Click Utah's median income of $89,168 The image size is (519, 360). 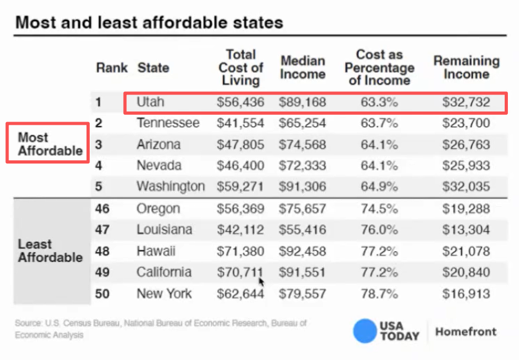pos(302,102)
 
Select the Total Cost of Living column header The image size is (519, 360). pos(240,67)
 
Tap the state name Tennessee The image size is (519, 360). pos(168,123)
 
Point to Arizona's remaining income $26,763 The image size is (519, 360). pos(466,144)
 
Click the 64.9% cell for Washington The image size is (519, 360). pos(379,187)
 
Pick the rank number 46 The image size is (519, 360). pos(102,209)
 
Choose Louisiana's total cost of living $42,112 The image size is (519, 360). pos(240,230)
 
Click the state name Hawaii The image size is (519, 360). pos(156,251)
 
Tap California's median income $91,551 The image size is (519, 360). pos(302,272)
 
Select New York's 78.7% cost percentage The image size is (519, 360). pos(379,294)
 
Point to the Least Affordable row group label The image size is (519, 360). pos(50,251)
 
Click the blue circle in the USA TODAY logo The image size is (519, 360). pos(365,331)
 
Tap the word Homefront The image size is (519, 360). pos(466,332)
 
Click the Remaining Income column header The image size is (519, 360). pos(466,67)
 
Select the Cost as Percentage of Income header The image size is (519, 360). pos(379,67)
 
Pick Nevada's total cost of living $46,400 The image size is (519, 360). pos(240,166)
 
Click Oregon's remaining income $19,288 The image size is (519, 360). pos(466,209)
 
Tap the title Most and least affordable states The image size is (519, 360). pos(149,23)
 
